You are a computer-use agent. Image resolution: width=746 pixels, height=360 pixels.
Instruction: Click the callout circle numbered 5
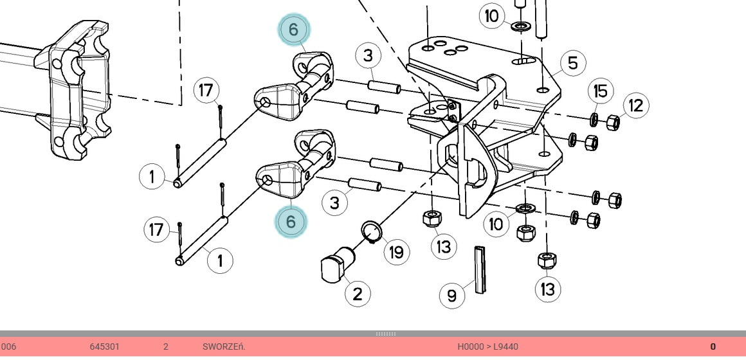tap(572, 64)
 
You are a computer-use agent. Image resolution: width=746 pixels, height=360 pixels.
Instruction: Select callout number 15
tap(599, 91)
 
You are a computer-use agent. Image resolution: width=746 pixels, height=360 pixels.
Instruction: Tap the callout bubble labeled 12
tap(635, 105)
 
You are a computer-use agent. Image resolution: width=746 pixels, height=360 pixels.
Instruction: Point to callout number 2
tap(358, 294)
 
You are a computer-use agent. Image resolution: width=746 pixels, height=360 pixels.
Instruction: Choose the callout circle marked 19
tap(396, 252)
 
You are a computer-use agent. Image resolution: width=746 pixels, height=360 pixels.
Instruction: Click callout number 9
tap(451, 296)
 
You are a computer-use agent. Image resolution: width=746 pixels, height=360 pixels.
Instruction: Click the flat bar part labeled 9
tap(480, 269)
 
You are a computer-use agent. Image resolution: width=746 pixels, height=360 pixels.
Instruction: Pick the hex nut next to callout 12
tap(613, 121)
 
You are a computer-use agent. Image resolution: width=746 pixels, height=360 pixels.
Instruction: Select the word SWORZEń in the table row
tap(224, 347)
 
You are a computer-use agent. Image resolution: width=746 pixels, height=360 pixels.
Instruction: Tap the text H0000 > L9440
tap(487, 347)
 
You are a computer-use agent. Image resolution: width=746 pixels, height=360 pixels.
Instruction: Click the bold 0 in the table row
tap(713, 347)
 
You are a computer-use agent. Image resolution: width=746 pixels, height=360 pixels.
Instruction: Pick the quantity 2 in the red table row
tap(165, 347)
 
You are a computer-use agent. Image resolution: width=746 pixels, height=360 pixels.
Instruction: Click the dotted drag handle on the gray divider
tap(386, 334)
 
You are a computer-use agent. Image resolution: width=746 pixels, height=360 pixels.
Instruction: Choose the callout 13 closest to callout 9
tap(547, 289)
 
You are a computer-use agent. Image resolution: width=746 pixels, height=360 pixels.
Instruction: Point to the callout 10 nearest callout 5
tap(492, 15)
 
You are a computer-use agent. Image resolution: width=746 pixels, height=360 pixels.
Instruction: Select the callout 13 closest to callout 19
tap(444, 246)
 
